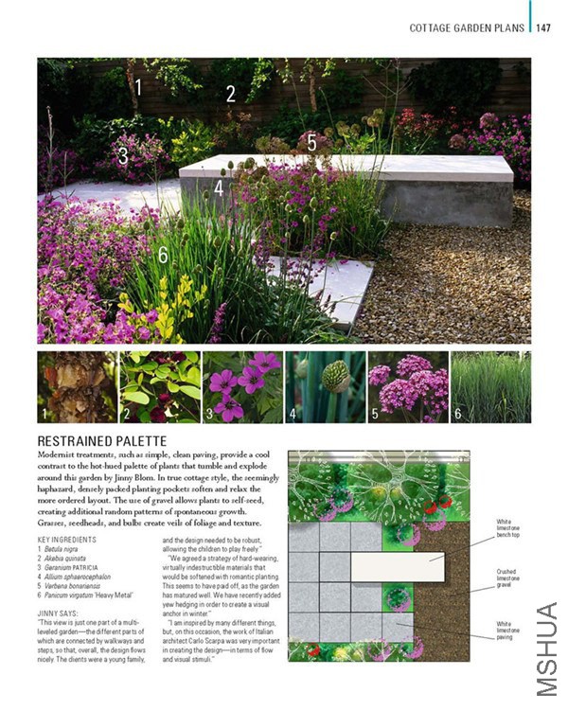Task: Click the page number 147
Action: (543, 27)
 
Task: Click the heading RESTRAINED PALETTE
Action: (101, 441)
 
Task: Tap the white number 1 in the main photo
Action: (138, 88)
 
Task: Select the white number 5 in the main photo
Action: (312, 143)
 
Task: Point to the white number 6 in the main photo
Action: (163, 255)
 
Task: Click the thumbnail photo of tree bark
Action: (76, 387)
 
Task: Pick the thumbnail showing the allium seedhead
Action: (324, 387)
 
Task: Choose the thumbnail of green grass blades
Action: (490, 387)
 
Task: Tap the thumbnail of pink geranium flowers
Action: (241, 387)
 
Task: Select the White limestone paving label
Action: (506, 630)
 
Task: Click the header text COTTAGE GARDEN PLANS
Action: (466, 27)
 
